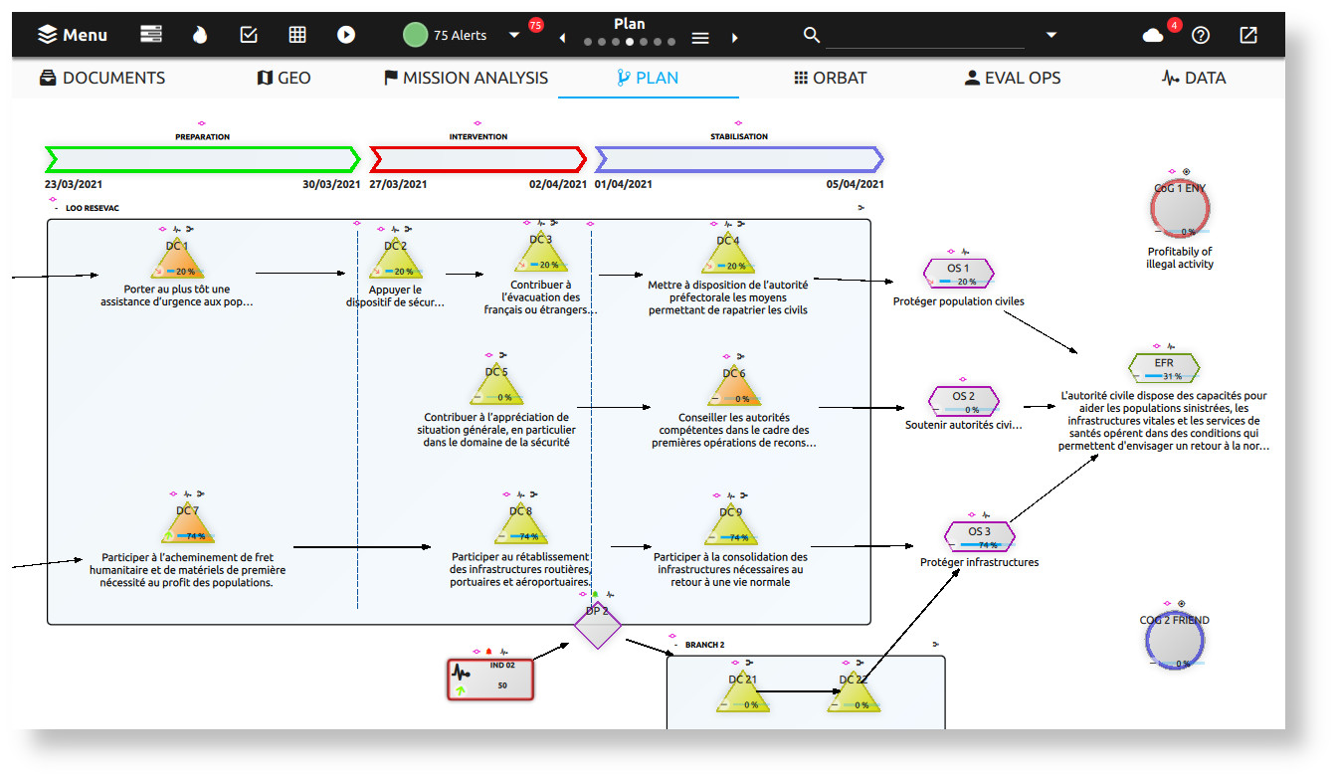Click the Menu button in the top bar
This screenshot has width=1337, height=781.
(73, 35)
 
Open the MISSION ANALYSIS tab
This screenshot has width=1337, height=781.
(466, 78)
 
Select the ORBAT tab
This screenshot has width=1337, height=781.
(830, 78)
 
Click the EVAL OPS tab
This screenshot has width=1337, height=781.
(1013, 78)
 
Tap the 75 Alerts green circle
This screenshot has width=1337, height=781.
(415, 35)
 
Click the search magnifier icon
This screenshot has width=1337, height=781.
(812, 35)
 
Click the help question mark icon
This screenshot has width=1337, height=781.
(1201, 35)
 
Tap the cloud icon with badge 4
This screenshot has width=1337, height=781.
(1153, 35)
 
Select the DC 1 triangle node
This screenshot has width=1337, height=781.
(177, 258)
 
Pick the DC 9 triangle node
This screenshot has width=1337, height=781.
(730, 523)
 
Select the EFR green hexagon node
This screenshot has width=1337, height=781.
(1164, 368)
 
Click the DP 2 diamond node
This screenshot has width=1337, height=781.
(597, 625)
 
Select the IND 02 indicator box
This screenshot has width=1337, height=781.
(490, 679)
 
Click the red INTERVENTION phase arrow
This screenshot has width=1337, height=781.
(477, 159)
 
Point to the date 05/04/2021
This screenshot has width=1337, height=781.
(855, 184)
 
